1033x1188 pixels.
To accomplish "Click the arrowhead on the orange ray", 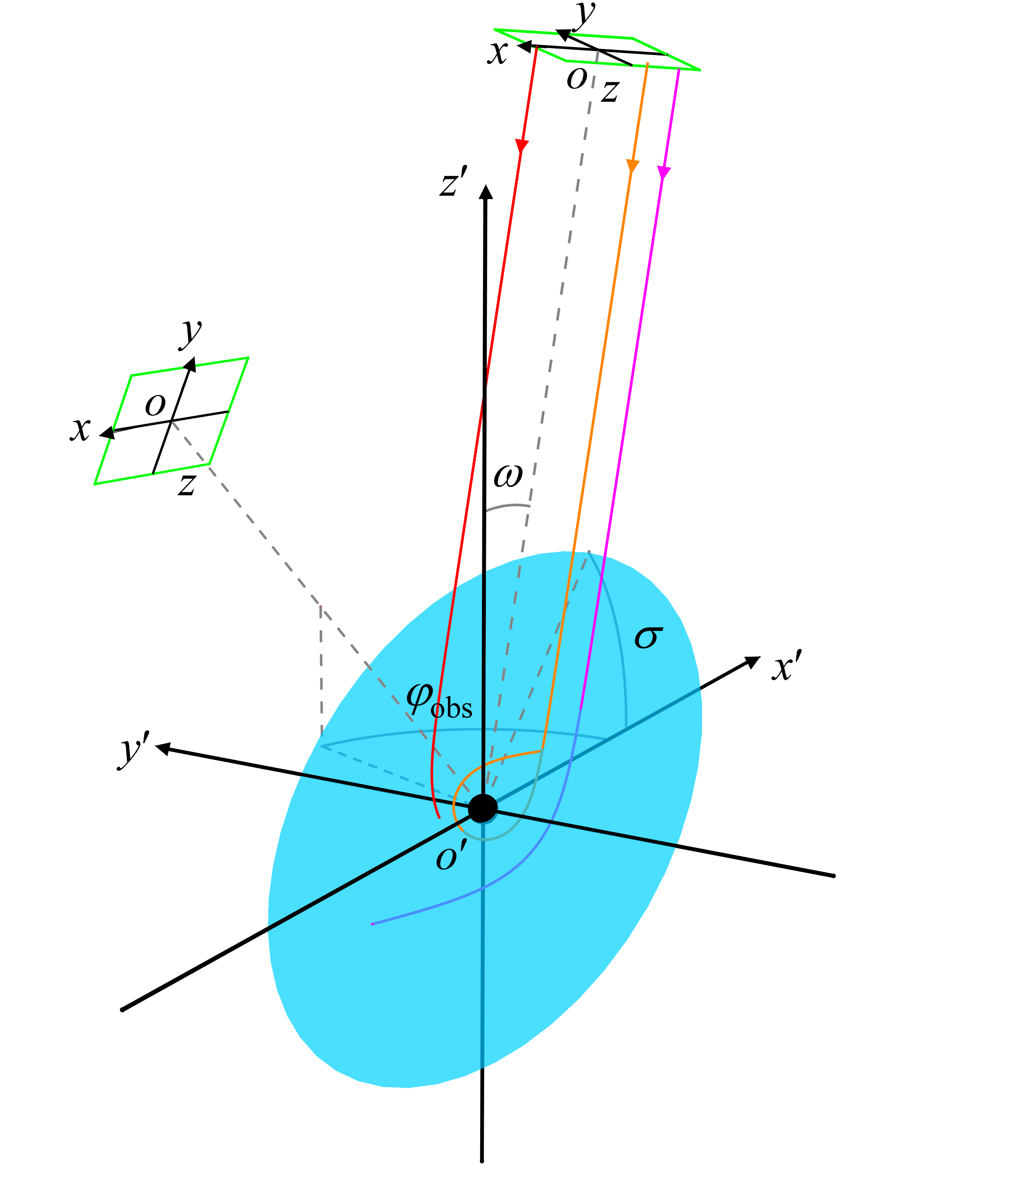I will (632, 166).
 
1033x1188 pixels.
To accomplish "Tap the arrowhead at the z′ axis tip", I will (487, 192).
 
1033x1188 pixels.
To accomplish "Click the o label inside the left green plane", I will (155, 405).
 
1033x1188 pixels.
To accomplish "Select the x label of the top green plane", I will (497, 53).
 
